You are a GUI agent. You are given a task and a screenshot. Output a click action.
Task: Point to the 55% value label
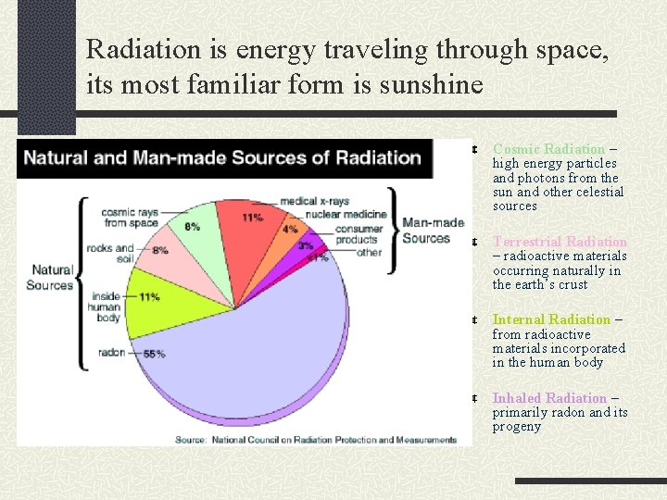tap(154, 354)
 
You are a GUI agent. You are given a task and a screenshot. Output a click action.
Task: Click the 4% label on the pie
tap(290, 228)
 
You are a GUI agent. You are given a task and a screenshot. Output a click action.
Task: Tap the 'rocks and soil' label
tap(109, 254)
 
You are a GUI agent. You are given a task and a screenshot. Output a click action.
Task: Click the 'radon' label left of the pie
tap(110, 353)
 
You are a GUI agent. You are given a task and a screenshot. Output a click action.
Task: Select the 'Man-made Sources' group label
tap(433, 231)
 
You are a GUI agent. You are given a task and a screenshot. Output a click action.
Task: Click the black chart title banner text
tap(222, 157)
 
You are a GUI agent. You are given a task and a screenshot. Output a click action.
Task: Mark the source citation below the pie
tap(316, 439)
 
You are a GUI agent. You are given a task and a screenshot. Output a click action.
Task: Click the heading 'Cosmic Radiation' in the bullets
tap(548, 149)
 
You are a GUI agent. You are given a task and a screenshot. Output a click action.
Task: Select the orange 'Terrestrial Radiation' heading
tap(560, 242)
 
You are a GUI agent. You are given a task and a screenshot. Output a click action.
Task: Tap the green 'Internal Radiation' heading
tap(551, 319)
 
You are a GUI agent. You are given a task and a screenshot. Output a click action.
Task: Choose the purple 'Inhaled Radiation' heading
tap(549, 398)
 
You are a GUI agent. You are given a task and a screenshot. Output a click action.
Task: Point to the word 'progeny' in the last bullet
tap(516, 427)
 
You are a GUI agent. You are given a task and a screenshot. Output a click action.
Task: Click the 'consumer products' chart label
tap(359, 234)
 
